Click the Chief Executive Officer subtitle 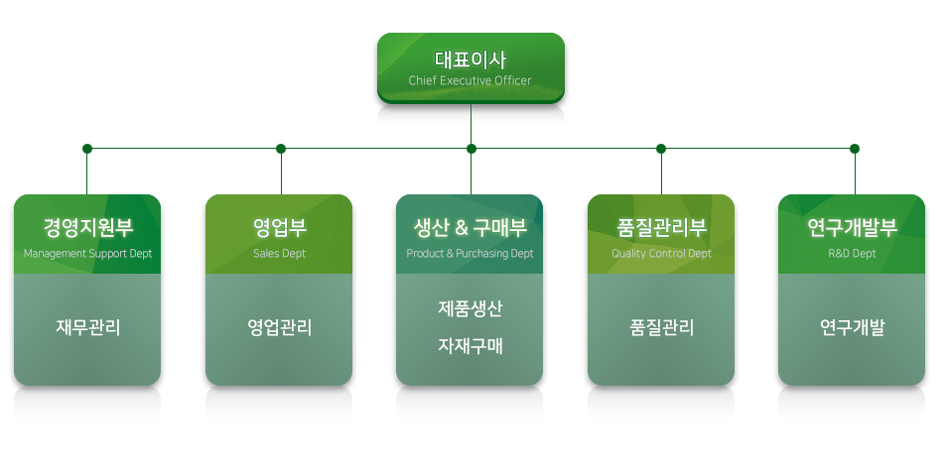(471, 80)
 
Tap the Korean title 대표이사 (471, 59)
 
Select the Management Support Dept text (88, 254)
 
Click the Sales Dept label (279, 253)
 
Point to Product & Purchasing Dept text (471, 254)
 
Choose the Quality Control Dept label (662, 254)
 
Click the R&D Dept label (852, 253)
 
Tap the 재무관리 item (88, 327)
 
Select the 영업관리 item (280, 327)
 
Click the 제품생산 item (471, 308)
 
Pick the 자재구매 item (471, 346)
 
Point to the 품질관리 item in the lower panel (662, 327)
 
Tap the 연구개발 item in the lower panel (852, 327)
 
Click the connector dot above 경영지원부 (87, 149)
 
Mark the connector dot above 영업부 (281, 149)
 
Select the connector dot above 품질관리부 (661, 149)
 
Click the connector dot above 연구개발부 (855, 149)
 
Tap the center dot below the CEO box (472, 149)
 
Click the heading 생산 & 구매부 (471, 227)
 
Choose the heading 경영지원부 (88, 227)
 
